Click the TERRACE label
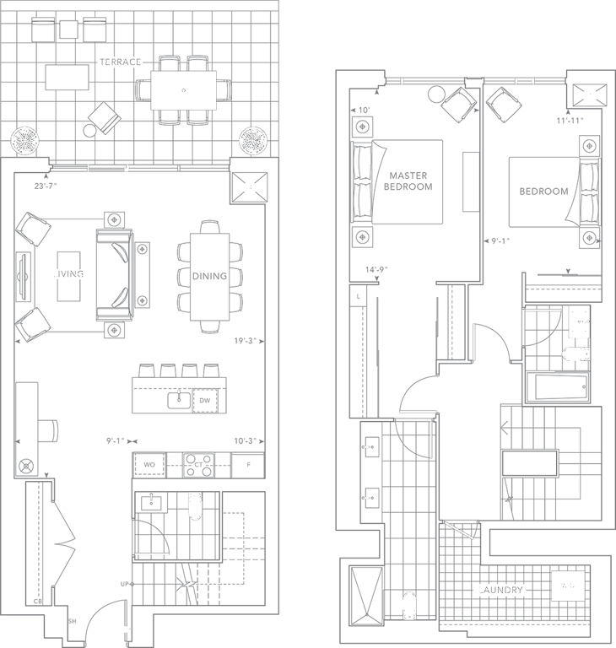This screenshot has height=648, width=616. [119, 63]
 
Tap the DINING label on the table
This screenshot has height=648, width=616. [208, 276]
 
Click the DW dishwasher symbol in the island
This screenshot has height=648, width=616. [203, 400]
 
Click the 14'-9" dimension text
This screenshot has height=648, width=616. [376, 270]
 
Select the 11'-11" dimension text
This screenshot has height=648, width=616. [570, 121]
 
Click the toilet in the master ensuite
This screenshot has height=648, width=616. [410, 603]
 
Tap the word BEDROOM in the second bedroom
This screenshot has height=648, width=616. [543, 192]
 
